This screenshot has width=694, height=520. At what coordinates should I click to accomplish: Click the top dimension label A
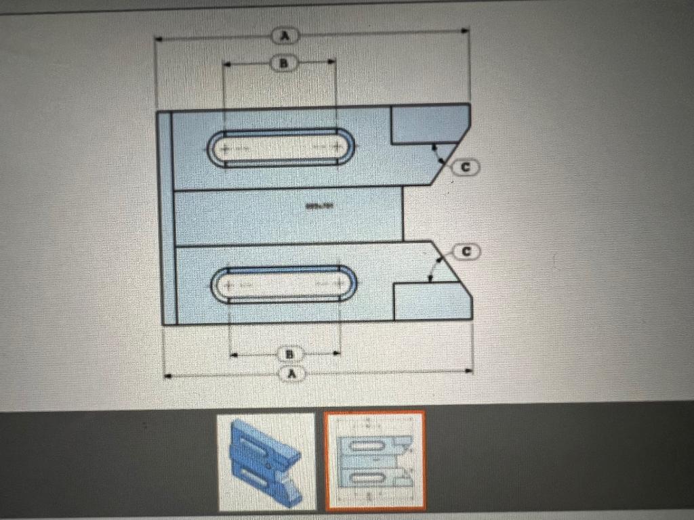click(285, 35)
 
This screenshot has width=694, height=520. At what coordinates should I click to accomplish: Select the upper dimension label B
click(284, 63)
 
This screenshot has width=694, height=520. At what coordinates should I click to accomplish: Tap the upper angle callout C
click(467, 166)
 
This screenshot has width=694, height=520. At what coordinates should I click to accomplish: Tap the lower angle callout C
click(466, 252)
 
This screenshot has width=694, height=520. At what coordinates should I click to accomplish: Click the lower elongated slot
click(284, 283)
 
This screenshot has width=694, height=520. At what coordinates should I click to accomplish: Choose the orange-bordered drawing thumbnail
click(375, 460)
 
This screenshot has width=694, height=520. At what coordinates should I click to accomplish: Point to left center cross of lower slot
click(229, 284)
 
